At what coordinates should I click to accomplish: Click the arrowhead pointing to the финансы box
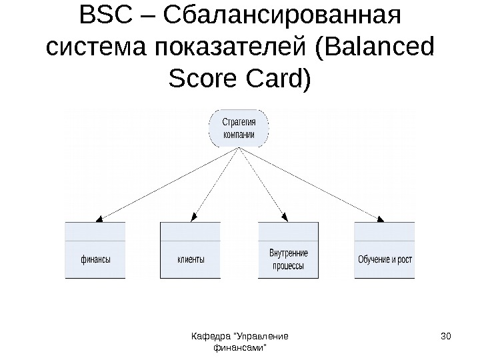click(x=99, y=218)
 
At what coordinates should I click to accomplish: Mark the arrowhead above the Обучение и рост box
click(x=381, y=218)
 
